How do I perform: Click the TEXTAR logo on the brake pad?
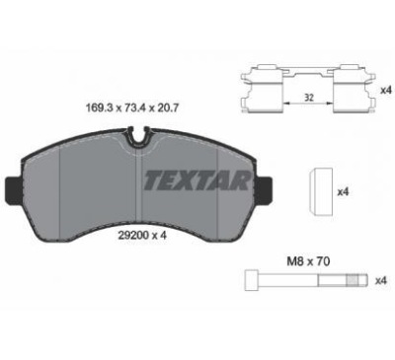click(197, 180)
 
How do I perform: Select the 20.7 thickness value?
click(170, 108)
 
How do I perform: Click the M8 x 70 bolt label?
click(308, 261)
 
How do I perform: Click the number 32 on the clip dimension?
click(308, 98)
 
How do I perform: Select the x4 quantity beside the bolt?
click(380, 280)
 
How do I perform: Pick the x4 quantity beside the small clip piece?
click(343, 192)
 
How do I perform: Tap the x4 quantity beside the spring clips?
click(385, 90)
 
